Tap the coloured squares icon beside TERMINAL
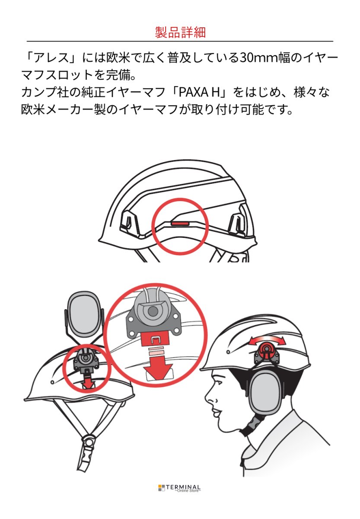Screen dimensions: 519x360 tap(161, 488)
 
